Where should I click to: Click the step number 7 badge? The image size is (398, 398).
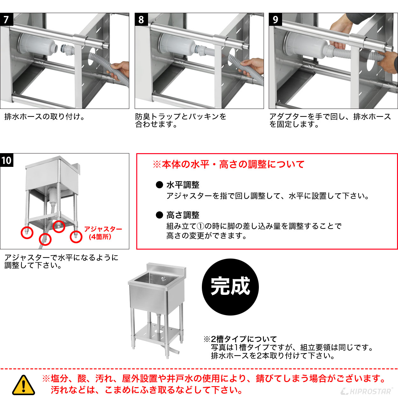[x=6, y=19]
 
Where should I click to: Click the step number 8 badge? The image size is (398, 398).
[x=141, y=19]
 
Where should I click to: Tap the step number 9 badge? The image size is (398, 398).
[x=275, y=19]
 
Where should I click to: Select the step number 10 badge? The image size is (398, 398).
[x=6, y=160]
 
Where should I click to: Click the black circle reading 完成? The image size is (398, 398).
[x=230, y=287]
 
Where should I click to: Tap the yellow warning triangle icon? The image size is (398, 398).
[x=23, y=385]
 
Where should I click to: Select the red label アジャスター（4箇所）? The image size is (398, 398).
[x=103, y=233]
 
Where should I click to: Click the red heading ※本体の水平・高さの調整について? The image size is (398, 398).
[x=228, y=164]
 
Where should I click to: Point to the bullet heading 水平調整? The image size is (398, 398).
[x=182, y=185]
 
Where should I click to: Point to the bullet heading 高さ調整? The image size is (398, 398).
[x=182, y=215]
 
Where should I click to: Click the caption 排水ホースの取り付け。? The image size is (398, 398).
[x=45, y=117]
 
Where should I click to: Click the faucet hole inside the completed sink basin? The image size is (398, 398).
[x=164, y=279]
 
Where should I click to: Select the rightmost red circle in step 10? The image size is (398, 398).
[x=76, y=236]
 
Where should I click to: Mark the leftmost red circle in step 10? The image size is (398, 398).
[x=27, y=232]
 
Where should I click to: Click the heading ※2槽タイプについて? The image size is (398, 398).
[x=240, y=339]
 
